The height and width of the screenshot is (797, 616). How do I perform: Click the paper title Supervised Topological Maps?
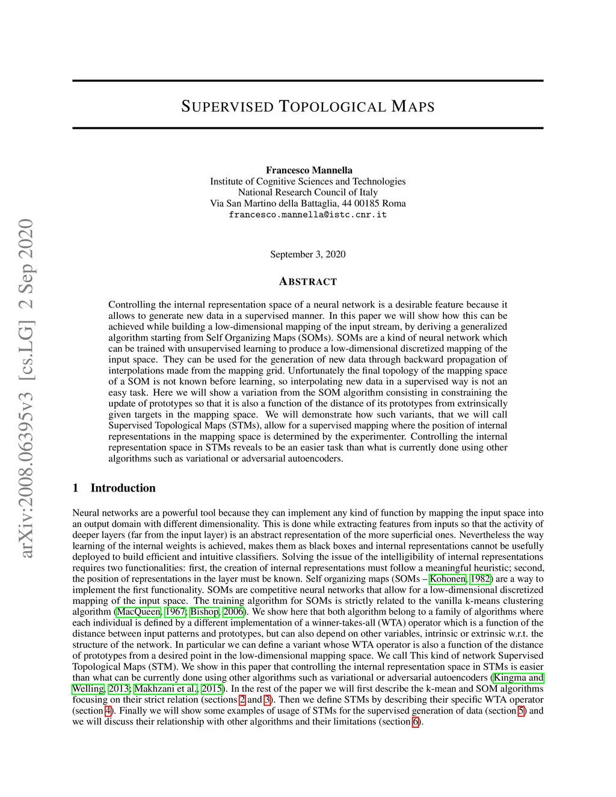pos(307,107)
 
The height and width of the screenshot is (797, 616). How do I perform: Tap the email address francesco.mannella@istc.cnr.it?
pos(307,215)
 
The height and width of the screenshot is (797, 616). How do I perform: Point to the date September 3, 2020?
pos(307,254)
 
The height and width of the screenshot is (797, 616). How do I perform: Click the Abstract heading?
pos(308,282)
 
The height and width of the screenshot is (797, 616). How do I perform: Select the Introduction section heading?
pos(123,488)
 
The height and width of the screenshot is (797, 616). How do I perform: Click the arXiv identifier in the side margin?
pos(25,388)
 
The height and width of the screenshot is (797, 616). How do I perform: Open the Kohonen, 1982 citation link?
pos(448,579)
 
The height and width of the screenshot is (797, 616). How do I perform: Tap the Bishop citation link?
pos(205,612)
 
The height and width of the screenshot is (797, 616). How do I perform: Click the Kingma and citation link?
pos(519,678)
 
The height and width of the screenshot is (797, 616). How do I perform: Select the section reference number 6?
pos(415,722)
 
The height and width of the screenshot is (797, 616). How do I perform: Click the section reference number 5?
pos(521,711)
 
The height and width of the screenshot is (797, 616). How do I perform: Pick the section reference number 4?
pos(108,711)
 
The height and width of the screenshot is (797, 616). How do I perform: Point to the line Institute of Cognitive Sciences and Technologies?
pos(307,182)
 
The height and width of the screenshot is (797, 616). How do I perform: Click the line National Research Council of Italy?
pos(307,192)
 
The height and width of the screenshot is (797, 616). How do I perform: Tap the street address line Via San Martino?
pos(307,203)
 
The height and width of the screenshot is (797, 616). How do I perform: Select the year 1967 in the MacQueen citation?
pos(176,612)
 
